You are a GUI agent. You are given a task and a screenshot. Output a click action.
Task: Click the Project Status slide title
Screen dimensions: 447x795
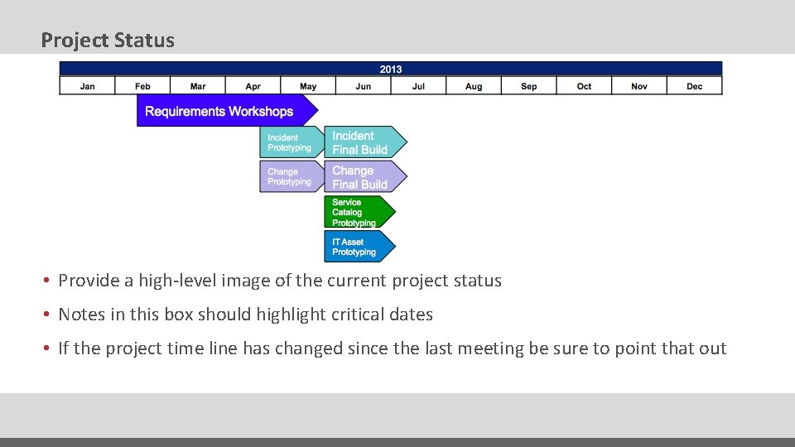(108, 40)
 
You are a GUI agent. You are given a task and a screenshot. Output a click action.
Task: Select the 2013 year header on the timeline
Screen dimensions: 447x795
(391, 69)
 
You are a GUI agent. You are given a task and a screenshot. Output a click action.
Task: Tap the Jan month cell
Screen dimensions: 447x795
(87, 86)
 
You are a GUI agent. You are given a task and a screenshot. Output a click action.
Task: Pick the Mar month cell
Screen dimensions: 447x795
(198, 86)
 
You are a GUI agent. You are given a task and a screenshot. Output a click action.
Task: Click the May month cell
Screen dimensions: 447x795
(308, 86)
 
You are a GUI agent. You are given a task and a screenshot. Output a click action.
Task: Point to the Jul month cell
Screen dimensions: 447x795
(418, 86)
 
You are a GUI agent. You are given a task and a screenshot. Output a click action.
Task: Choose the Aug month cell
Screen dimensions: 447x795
(474, 86)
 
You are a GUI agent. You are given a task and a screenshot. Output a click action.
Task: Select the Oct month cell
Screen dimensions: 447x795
(584, 86)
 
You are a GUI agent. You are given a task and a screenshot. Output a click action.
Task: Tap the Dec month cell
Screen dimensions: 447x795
(694, 86)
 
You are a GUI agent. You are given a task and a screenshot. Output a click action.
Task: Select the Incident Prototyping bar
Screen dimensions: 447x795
(290, 142)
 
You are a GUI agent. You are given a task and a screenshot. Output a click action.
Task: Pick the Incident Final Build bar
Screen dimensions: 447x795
(363, 142)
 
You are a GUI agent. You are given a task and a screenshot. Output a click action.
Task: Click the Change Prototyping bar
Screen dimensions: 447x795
(290, 176)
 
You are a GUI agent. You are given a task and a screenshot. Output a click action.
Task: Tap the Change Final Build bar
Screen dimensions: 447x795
(363, 177)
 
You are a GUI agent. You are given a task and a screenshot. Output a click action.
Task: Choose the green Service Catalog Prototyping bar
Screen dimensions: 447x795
(356, 213)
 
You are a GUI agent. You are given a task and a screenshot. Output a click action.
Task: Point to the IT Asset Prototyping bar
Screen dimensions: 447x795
(356, 247)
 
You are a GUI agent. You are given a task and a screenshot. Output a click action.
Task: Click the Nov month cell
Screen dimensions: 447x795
(639, 86)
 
